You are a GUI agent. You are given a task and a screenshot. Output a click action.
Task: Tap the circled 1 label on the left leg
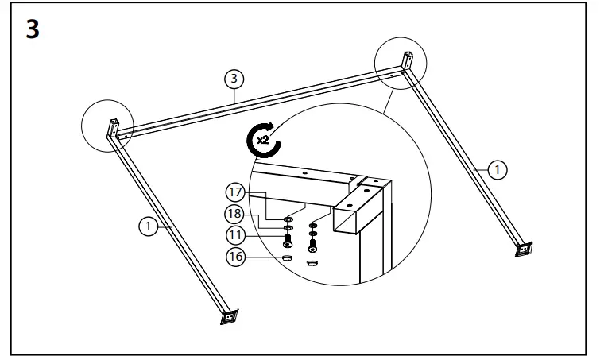[146, 226]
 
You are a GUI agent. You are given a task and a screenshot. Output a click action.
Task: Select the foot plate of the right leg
[524, 249]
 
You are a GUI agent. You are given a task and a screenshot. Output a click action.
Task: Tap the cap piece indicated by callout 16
[288, 257]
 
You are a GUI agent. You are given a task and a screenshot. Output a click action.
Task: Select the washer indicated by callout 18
[288, 227]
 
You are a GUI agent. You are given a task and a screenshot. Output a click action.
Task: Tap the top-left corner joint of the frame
[114, 130]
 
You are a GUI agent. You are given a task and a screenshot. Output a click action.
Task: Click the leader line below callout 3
[235, 93]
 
